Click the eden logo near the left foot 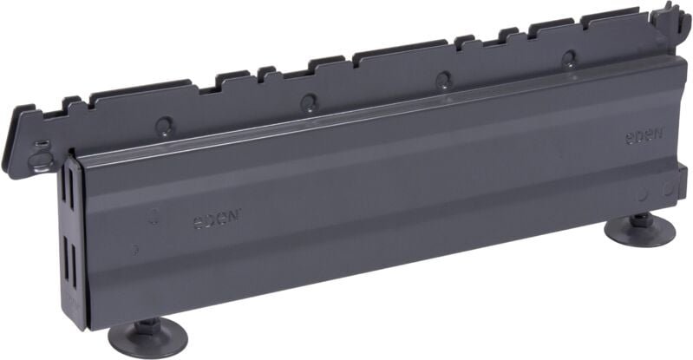(217, 218)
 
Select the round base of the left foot (148, 337)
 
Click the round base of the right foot (639, 231)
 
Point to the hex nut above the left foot (145, 324)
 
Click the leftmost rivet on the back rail (164, 126)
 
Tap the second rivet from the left (309, 102)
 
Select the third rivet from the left (443, 80)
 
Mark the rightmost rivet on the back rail (569, 59)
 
